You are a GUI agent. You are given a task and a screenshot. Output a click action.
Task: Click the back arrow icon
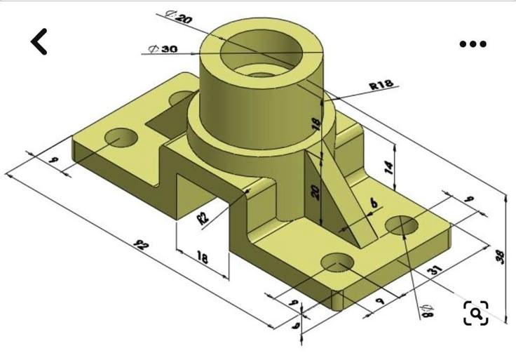point(40,42)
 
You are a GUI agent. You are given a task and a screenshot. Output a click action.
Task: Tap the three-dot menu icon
point(473,44)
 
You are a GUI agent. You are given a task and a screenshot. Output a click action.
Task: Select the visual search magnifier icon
point(475,313)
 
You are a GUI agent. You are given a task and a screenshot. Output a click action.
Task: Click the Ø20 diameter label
point(178,16)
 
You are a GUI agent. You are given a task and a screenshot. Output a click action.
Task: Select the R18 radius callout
point(381,86)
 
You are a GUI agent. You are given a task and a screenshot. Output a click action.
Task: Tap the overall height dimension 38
point(500,256)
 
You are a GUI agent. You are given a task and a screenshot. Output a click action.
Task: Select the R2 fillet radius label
point(203,216)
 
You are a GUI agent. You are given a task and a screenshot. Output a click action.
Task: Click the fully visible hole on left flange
point(121,137)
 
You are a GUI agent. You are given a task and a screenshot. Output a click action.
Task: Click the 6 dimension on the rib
point(373,204)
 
